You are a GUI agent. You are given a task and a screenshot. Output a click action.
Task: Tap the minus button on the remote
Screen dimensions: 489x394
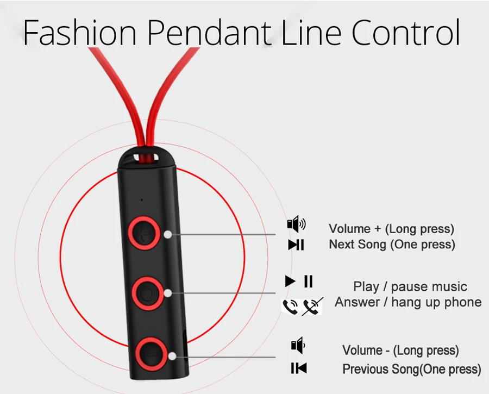click(148, 352)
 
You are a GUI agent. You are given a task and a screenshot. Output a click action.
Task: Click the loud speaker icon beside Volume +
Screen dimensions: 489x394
click(296, 224)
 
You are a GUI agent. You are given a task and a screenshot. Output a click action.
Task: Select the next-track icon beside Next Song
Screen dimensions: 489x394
click(296, 245)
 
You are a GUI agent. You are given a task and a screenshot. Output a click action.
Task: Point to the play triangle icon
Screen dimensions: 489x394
click(290, 282)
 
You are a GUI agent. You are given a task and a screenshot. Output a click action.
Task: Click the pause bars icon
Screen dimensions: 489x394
click(308, 282)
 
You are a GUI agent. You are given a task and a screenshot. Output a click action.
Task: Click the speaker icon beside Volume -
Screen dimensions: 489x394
click(298, 345)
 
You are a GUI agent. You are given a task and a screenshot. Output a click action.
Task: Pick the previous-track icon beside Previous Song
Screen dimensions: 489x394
click(298, 368)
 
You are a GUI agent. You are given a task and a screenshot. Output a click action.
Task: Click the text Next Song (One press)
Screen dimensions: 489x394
click(392, 245)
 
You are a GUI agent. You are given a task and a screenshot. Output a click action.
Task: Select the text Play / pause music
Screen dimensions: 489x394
click(410, 286)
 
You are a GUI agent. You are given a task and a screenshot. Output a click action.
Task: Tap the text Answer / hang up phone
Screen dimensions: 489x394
click(408, 302)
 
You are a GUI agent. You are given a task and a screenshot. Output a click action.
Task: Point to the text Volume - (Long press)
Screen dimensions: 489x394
click(400, 350)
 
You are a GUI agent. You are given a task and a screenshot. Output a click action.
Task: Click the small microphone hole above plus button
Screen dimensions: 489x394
click(141, 200)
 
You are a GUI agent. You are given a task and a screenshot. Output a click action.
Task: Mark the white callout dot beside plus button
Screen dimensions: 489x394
click(168, 234)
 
